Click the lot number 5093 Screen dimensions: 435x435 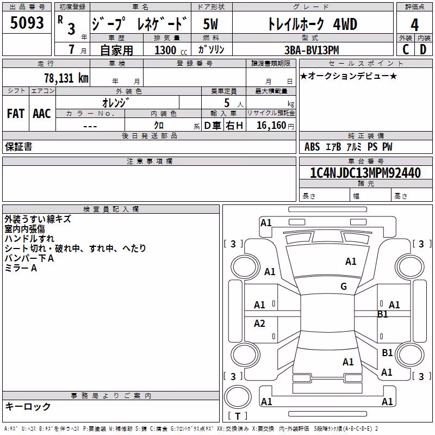pyautogui.click(x=27, y=23)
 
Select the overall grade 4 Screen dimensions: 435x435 pyautogui.click(x=414, y=25)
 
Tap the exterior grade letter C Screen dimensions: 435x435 pyautogui.click(x=406, y=49)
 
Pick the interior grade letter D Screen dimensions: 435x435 pyautogui.click(x=423, y=49)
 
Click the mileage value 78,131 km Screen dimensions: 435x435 pyautogui.click(x=66, y=78)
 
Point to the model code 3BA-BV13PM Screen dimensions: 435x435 pyautogui.click(x=312, y=50)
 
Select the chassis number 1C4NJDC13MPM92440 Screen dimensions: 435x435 pyautogui.click(x=365, y=173)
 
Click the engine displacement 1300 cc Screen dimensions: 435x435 pyautogui.click(x=171, y=50)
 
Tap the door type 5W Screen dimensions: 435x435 pyautogui.click(x=210, y=24)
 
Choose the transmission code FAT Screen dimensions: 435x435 pyautogui.click(x=16, y=114)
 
